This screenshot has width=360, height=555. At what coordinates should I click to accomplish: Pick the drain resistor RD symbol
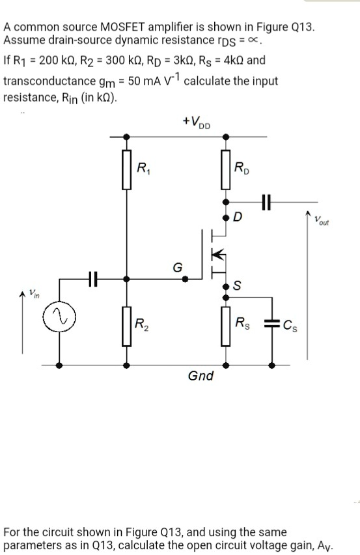coord(225,169)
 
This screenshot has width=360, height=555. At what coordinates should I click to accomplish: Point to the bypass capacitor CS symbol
coord(272,324)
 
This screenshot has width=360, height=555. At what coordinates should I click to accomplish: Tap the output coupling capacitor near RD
coord(265,203)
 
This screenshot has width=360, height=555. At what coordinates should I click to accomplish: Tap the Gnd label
coord(200,376)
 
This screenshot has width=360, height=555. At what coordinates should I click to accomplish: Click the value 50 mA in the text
coord(144,81)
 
